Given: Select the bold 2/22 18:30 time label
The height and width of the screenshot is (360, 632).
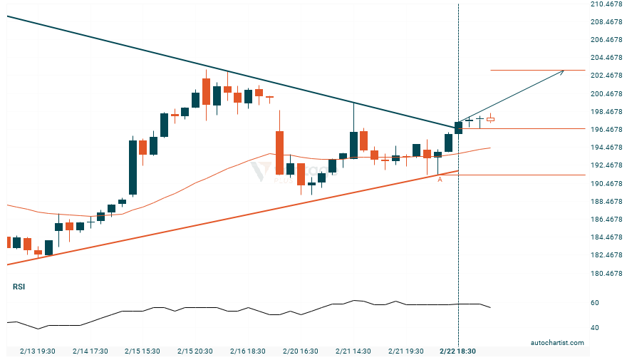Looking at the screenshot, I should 457,351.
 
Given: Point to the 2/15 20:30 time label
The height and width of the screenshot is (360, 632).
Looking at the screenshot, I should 194,351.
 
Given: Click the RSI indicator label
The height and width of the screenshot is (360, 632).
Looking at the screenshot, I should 19,287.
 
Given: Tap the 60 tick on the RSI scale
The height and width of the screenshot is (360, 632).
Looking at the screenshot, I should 595,303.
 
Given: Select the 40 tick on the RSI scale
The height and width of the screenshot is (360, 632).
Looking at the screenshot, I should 595,328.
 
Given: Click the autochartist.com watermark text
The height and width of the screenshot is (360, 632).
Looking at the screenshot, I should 557,343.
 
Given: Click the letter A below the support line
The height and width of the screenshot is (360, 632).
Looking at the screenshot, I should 440,180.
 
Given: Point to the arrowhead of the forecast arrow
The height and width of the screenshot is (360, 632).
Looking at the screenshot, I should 563,71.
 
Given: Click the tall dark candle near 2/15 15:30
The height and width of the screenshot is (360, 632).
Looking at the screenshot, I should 133,167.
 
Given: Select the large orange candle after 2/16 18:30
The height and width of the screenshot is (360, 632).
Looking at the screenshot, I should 279,152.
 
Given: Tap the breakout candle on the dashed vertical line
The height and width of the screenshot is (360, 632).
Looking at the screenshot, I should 458,128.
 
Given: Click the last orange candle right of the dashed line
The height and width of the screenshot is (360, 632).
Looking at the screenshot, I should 490,119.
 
